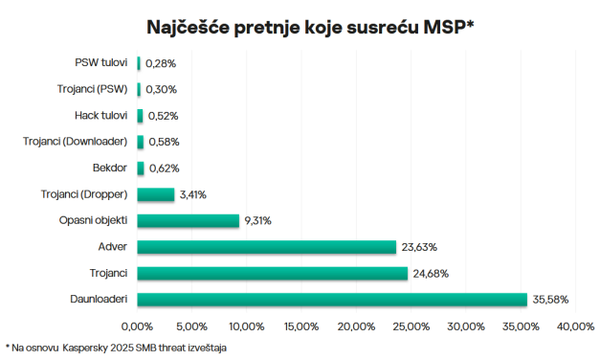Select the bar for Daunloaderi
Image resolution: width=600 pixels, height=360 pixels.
332,300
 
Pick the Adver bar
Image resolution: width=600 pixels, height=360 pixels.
266,247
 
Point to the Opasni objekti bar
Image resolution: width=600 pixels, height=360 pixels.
188,220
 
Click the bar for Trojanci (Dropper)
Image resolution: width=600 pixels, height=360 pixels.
156,194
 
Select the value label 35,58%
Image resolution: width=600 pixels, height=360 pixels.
551,300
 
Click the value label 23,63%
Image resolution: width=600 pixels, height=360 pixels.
419,247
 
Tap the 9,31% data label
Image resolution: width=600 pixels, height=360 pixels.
258,220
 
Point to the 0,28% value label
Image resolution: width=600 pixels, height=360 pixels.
161,63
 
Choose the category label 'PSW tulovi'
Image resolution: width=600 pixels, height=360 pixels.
101,63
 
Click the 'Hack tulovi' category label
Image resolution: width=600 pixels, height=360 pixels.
101,116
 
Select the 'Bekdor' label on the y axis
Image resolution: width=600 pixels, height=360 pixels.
110,169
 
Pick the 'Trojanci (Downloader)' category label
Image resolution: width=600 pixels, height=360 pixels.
76,142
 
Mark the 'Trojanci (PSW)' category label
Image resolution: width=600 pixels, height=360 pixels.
92,89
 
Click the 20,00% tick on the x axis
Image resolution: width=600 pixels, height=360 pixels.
356,327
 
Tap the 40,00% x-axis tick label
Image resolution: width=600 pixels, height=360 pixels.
575,327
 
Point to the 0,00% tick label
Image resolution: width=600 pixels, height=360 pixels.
138,327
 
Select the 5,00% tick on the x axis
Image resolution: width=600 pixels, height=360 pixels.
192,327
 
